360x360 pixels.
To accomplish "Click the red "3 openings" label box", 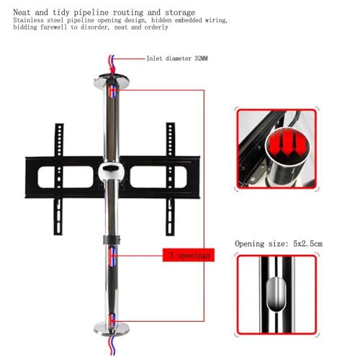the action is tap(189, 255).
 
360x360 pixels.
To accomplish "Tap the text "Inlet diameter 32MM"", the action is tap(177, 58).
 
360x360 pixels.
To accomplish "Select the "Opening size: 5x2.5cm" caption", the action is tap(279, 243).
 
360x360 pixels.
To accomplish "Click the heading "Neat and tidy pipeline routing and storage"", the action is tap(104, 12).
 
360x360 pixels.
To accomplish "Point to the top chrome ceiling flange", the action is tap(112, 81).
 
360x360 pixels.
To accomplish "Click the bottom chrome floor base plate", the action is tap(112, 328).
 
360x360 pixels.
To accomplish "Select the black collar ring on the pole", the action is tap(112, 240).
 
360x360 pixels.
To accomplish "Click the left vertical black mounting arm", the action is tap(58, 179).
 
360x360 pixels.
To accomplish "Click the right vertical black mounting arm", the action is tap(170, 179).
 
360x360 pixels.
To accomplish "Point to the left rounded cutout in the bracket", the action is tap(66, 177).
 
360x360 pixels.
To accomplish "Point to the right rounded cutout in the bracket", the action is tap(158, 177).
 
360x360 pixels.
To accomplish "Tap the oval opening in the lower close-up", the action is tap(276, 294).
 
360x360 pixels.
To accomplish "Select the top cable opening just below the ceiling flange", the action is tap(112, 91).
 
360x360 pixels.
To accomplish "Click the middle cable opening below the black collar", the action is tap(112, 256).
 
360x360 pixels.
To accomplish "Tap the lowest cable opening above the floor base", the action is tap(112, 318).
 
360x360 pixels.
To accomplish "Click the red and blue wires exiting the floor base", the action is tap(112, 345).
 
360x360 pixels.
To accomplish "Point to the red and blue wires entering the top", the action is tap(112, 63).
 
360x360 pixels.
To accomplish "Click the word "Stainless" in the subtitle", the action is tap(28, 20).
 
